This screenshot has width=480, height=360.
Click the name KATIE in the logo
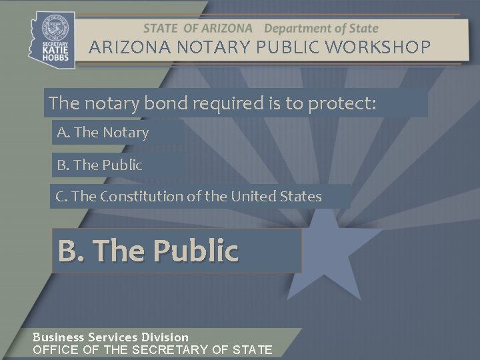pos(55,49)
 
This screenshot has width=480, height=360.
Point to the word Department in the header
pos(294,29)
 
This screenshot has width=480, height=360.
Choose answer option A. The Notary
pos(103,132)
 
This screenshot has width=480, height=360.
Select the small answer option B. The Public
pos(99,165)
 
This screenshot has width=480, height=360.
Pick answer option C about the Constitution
pos(189,197)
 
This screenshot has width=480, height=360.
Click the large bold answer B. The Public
pos(148,251)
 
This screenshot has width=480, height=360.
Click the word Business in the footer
pos(58,337)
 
